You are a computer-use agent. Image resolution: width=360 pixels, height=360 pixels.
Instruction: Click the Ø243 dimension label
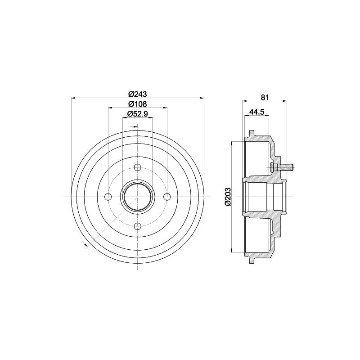pos(138,94)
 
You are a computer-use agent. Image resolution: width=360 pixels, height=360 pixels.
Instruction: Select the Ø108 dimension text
pos(138,104)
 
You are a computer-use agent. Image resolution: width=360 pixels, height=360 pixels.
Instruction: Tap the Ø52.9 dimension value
pos(138,113)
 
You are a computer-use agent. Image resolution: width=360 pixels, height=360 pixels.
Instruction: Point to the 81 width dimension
pos(265,97)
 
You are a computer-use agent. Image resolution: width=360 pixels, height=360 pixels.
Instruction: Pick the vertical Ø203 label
pos(228,197)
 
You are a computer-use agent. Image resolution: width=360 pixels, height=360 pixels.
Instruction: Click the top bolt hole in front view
pos(138,167)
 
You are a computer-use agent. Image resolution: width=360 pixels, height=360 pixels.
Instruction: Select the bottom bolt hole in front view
pos(138,226)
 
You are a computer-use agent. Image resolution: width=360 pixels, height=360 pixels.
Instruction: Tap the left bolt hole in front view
pos(108,197)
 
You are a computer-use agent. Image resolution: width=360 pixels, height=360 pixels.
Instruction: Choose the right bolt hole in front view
pos(167,197)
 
